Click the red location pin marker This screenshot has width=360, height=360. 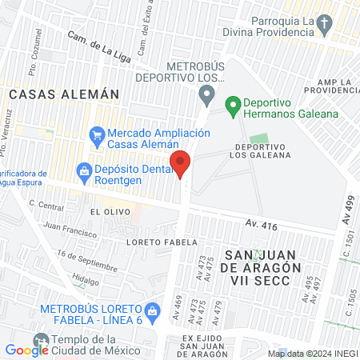181,163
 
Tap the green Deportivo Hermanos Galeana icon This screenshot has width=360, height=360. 233,104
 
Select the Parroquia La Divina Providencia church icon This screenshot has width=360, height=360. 322,26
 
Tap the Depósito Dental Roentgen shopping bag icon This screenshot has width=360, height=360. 83,170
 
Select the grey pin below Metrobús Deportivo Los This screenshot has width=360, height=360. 207,97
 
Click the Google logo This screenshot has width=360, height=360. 27,350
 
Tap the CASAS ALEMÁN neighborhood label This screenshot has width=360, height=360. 64,94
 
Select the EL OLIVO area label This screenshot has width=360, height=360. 106,212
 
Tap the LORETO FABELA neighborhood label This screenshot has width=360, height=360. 155,240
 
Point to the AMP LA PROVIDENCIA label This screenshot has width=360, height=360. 326,88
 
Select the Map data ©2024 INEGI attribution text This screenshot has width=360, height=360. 312,353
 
